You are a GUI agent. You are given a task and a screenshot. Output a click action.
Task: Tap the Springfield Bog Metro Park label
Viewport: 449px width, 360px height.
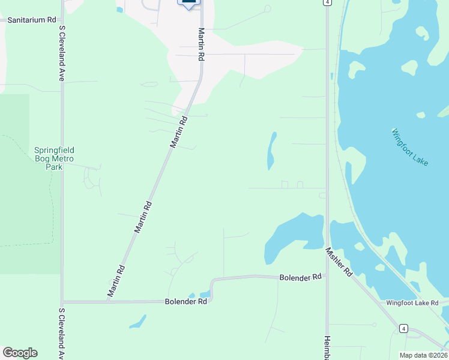click(x=53, y=158)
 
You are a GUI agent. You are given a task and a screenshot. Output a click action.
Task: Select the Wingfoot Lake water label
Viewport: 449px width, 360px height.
click(x=411, y=147)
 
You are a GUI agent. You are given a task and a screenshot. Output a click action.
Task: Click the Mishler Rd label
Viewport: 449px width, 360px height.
click(x=339, y=262)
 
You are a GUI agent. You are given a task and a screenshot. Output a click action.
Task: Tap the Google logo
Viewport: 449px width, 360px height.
click(x=20, y=353)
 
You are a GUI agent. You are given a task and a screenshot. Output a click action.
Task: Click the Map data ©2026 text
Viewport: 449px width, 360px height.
click(x=423, y=355)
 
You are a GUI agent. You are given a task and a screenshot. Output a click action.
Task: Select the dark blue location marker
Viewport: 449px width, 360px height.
click(x=189, y=4)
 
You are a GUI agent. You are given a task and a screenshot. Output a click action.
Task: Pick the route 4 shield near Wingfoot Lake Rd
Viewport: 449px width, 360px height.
click(x=404, y=328)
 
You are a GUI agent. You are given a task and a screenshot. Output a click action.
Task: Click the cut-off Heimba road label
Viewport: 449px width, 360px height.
click(x=328, y=347)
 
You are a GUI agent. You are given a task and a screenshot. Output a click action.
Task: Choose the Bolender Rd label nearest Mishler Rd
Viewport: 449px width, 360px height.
click(x=301, y=277)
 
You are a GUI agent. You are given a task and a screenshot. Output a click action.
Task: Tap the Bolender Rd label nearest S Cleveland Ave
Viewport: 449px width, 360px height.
click(x=186, y=301)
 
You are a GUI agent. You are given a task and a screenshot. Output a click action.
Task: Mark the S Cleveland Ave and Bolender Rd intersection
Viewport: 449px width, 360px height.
click(x=62, y=302)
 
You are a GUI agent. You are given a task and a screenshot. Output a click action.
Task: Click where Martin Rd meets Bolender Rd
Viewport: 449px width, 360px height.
click(x=107, y=301)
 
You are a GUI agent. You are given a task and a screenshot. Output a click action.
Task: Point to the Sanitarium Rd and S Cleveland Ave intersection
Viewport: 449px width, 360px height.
click(x=62, y=20)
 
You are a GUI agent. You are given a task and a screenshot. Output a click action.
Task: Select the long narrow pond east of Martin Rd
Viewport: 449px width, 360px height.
click(x=271, y=151)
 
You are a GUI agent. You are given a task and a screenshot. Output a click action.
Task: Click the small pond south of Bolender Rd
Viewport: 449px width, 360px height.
click(x=137, y=322)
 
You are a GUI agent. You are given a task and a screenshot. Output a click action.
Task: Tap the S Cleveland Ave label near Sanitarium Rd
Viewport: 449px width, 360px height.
click(x=61, y=54)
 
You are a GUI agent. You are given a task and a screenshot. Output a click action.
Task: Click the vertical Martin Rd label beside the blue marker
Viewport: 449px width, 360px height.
click(x=202, y=44)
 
